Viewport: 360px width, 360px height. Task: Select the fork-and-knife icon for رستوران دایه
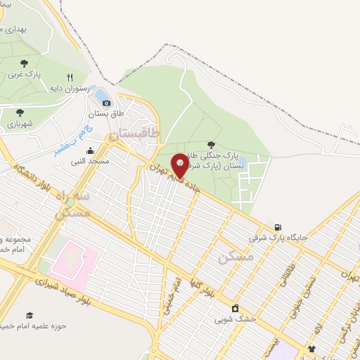[x=69, y=77]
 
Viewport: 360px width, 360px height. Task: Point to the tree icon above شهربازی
[x=19, y=111]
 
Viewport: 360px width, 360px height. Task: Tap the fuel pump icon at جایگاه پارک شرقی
[x=280, y=227]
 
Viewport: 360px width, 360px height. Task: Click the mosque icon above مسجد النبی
[x=91, y=150]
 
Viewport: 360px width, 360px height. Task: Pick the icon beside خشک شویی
[x=235, y=308]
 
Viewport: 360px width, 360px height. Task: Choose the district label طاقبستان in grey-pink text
[x=136, y=132]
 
